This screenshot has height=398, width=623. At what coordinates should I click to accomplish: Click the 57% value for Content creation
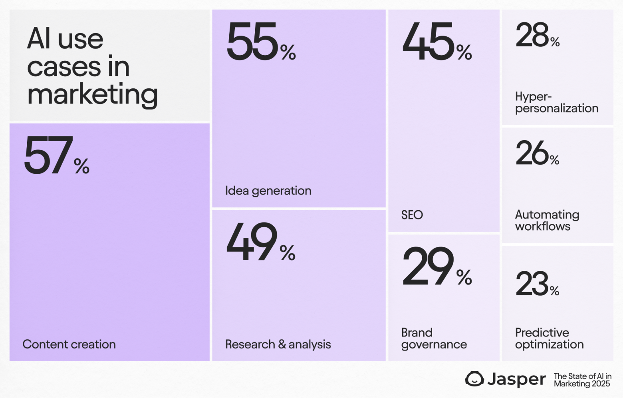click(x=56, y=156)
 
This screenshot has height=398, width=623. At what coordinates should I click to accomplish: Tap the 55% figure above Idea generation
click(x=261, y=42)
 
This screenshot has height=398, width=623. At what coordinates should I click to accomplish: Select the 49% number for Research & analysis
click(x=261, y=242)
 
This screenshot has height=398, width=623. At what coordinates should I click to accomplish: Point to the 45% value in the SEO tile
click(x=437, y=42)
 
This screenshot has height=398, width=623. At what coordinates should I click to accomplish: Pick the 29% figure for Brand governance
click(x=437, y=267)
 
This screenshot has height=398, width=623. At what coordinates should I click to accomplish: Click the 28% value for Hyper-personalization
click(x=537, y=35)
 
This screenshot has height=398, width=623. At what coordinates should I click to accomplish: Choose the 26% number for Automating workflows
click(x=537, y=153)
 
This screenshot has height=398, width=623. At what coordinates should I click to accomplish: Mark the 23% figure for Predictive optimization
click(x=537, y=284)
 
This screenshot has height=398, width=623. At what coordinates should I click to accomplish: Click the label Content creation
click(x=69, y=344)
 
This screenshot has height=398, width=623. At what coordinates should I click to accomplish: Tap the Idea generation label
click(x=268, y=191)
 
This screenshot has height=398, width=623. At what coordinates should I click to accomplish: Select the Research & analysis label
click(x=278, y=344)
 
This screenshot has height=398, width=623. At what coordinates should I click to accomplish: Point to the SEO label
click(x=412, y=215)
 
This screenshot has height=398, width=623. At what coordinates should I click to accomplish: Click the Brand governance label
click(x=434, y=338)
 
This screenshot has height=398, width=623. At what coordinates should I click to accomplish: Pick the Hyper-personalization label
click(x=556, y=102)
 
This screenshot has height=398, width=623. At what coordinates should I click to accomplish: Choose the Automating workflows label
click(x=547, y=220)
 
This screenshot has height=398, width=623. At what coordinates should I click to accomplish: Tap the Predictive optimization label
click(x=549, y=338)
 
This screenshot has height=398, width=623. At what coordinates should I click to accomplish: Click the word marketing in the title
click(x=92, y=95)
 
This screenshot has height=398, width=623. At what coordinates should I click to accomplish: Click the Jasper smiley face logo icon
click(x=474, y=379)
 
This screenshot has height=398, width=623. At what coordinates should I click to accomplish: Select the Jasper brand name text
click(x=516, y=379)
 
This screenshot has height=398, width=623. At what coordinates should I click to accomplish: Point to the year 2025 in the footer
click(x=601, y=384)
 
